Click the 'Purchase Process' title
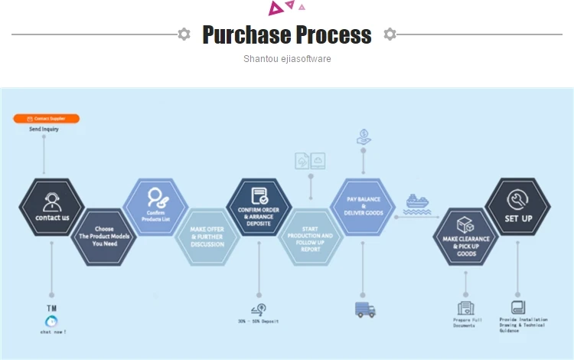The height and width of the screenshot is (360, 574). (x=287, y=34)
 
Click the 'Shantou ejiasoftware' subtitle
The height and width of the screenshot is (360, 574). (x=287, y=59)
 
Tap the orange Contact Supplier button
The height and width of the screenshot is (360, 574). (x=46, y=119)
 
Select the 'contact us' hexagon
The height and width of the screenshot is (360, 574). (x=51, y=208)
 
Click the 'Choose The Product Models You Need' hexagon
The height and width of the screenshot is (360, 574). (x=104, y=236)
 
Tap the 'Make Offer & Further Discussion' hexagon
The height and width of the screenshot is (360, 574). (x=207, y=236)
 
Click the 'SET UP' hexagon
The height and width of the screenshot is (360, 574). (x=518, y=208)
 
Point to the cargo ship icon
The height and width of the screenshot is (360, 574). (x=416, y=203)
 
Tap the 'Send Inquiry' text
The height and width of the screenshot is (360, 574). (x=44, y=129)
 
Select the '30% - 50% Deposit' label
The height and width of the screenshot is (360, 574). (x=259, y=322)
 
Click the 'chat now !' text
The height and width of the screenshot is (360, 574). (x=53, y=332)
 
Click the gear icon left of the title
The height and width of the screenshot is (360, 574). (x=184, y=34)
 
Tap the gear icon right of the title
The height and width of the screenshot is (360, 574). (x=390, y=34)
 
